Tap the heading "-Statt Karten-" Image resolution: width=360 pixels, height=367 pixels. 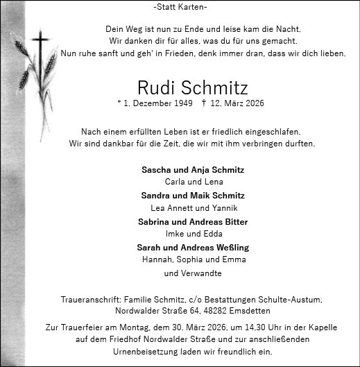(179, 7)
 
